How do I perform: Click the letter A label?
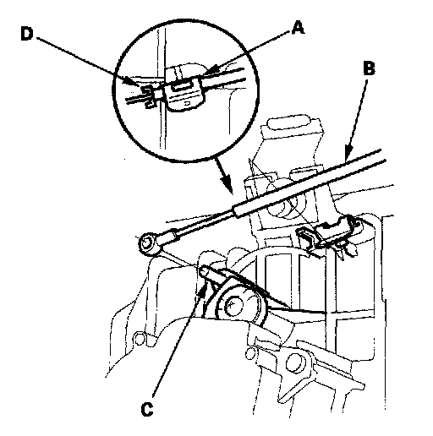[x=298, y=28]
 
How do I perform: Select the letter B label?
[x=369, y=68]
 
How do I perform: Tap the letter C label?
[x=147, y=410]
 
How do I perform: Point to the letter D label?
[x=27, y=34]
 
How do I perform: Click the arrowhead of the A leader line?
[x=208, y=70]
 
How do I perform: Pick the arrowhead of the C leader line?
[x=203, y=290]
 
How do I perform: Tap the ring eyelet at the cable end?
[x=146, y=243]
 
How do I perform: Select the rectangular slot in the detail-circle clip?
[x=180, y=85]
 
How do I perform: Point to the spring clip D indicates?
[x=148, y=96]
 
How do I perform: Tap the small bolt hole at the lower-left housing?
[x=139, y=339]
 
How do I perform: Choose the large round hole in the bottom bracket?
[x=295, y=363]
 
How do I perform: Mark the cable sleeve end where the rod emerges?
[x=238, y=210]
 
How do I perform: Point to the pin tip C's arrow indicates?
[x=204, y=271]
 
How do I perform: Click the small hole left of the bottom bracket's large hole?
[x=249, y=354]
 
